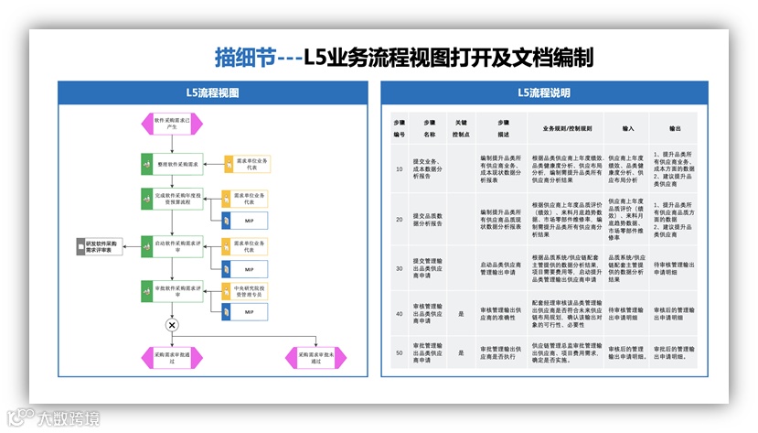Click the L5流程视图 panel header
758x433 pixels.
click(x=211, y=92)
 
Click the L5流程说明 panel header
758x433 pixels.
click(x=543, y=92)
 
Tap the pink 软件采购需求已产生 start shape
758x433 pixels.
click(x=172, y=122)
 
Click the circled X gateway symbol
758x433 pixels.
click(x=171, y=325)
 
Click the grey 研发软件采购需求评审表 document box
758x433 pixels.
click(x=99, y=245)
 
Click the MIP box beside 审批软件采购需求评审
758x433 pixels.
click(x=248, y=312)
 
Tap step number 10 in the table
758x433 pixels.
click(x=400, y=168)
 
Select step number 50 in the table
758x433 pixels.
click(x=400, y=352)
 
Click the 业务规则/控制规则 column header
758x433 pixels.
click(x=567, y=128)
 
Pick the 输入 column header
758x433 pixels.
click(x=628, y=128)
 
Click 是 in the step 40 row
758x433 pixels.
click(x=461, y=312)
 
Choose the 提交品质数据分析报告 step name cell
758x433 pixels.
click(x=430, y=219)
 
